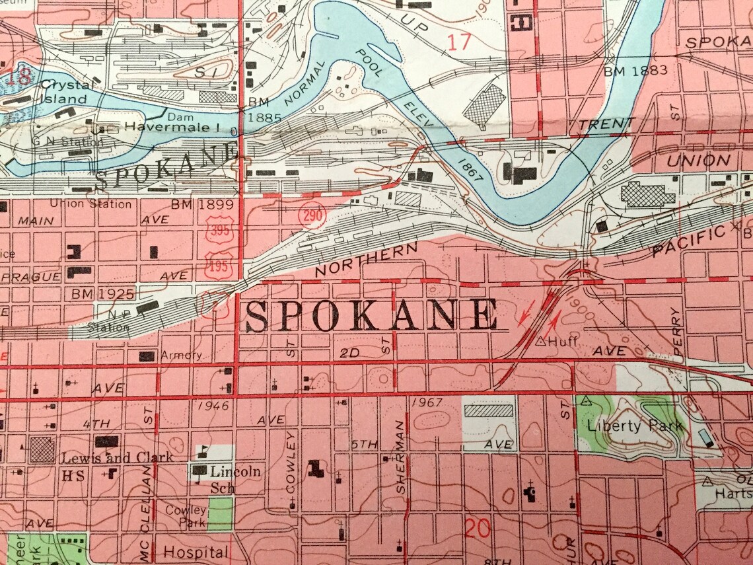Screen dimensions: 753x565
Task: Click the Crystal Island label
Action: click(x=63, y=92)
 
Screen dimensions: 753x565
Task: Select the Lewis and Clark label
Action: click(x=118, y=457)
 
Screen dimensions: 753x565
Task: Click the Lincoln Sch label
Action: click(x=234, y=478)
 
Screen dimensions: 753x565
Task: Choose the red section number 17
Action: click(x=459, y=42)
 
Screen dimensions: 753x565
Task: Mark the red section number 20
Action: click(x=477, y=528)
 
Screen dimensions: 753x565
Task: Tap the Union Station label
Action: click(x=90, y=204)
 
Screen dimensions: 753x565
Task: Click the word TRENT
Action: click(x=606, y=124)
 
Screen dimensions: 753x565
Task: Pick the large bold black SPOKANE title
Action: click(x=371, y=316)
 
